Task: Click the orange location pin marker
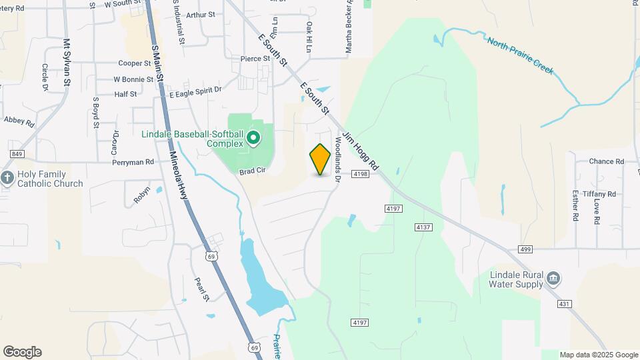pos(321,159)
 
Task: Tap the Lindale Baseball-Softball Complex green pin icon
pos(253,139)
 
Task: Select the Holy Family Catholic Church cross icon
pos(7,178)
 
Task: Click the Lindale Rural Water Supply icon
pos(553,277)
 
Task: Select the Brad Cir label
pos(253,171)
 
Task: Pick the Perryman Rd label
pos(133,162)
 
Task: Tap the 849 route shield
pos(17,154)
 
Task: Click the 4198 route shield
pos(361,174)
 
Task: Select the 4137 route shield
pos(423,227)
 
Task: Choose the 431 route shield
pos(565,304)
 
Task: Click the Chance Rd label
pos(606,161)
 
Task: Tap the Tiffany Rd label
pos(607,194)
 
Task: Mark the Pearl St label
pos(202,288)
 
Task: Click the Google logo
pos(22,352)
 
